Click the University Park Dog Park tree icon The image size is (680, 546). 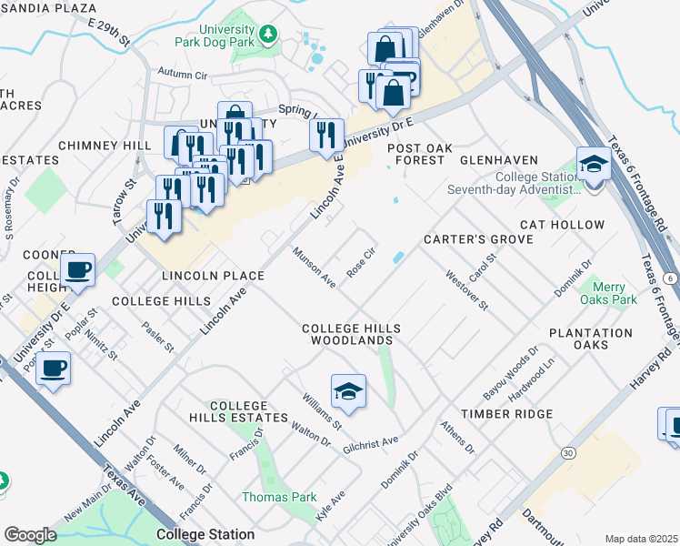tap(268, 35)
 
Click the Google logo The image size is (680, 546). tap(30, 534)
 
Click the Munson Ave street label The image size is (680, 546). tap(314, 267)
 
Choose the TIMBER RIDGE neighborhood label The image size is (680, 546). tap(506, 414)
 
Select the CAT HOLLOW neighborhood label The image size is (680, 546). tap(562, 225)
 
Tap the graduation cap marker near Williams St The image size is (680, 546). tap(348, 392)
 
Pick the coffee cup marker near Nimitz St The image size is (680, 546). tap(55, 369)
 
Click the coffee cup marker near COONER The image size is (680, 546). tap(78, 269)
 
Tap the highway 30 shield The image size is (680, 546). tap(568, 452)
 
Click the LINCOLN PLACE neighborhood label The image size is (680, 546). tap(212, 275)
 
